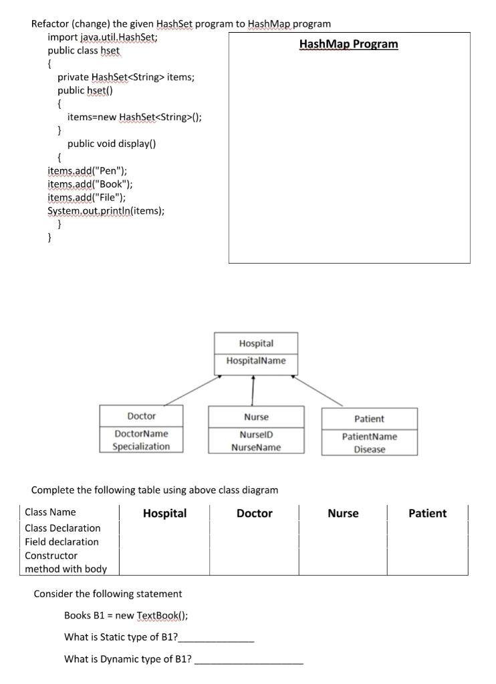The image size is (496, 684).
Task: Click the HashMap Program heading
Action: (348, 44)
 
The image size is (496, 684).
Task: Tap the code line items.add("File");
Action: (82, 197)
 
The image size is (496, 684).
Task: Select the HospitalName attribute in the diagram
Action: (255, 361)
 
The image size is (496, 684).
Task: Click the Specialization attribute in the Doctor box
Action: (141, 446)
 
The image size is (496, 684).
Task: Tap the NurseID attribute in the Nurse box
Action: (255, 434)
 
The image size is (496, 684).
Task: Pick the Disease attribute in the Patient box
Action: (369, 450)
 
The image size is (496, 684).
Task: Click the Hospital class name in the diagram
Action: (255, 343)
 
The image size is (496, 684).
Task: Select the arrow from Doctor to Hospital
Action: (192, 391)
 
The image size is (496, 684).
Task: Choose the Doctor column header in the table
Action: (254, 513)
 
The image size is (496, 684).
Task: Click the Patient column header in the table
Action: (427, 513)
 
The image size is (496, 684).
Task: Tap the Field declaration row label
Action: (61, 542)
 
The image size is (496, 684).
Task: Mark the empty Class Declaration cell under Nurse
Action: (342, 528)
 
